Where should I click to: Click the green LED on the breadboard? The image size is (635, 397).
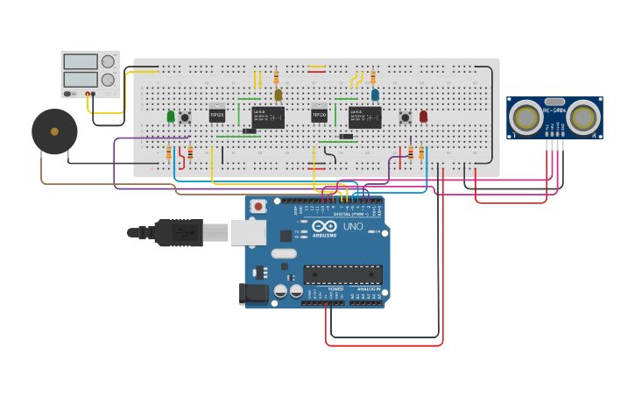pyautogui.click(x=171, y=116)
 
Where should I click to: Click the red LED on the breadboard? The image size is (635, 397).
pyautogui.click(x=423, y=116)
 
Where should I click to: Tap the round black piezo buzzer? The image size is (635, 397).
pyautogui.click(x=54, y=131)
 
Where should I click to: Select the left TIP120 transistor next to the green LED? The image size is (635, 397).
pyautogui.click(x=217, y=114)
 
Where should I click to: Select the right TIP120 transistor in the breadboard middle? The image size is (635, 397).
pyautogui.click(x=319, y=115)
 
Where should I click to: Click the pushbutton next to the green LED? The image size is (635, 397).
pyautogui.click(x=185, y=117)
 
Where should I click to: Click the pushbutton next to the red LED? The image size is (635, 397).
pyautogui.click(x=405, y=117)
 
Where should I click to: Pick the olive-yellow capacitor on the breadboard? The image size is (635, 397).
pyautogui.click(x=279, y=95)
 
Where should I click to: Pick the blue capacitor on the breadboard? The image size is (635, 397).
pyautogui.click(x=375, y=95)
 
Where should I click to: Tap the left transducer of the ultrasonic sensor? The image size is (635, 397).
pyautogui.click(x=527, y=117)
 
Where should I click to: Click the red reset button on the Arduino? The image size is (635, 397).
pyautogui.click(x=258, y=207)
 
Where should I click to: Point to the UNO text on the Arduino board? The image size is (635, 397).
pyautogui.click(x=352, y=227)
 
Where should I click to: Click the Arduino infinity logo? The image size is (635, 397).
pyautogui.click(x=324, y=226)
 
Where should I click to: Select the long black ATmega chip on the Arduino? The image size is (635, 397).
pyautogui.click(x=342, y=274)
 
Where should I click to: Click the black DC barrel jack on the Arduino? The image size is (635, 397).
pyautogui.click(x=254, y=294)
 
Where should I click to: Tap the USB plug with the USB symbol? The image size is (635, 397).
pyautogui.click(x=180, y=232)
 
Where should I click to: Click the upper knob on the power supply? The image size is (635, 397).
pyautogui.click(x=108, y=61)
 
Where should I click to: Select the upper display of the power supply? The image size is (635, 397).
pyautogui.click(x=81, y=61)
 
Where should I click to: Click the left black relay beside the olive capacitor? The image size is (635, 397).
pyautogui.click(x=268, y=117)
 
